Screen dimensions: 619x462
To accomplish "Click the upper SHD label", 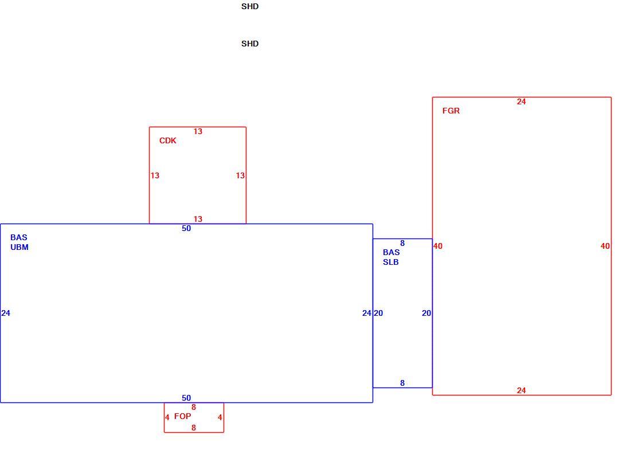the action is [250, 6].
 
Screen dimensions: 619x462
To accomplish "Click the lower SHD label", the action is [250, 44].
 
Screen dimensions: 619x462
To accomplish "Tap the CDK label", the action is [168, 140].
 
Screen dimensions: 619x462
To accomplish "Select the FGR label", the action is [451, 111].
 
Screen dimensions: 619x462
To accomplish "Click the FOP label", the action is [182, 416].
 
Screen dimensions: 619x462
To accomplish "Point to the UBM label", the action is [19, 247].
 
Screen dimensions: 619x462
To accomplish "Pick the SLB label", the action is [391, 262].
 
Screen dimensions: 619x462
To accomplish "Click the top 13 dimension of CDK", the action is [198, 131].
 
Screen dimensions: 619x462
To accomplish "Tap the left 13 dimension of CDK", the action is [155, 175].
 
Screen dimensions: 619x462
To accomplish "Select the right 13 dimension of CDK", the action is [240, 175].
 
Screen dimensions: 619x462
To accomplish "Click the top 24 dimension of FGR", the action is [521, 101].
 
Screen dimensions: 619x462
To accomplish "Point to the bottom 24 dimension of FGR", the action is [521, 390].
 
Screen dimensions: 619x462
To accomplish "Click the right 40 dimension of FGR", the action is [605, 246].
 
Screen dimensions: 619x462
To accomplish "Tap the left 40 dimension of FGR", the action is [438, 246].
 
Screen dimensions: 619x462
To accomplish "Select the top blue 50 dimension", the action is [186, 228].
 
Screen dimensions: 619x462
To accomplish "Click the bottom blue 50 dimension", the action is [186, 398].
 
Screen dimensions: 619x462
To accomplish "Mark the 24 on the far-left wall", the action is [6, 313].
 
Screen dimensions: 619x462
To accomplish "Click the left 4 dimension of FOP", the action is [167, 417].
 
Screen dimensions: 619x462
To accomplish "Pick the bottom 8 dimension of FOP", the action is [194, 428].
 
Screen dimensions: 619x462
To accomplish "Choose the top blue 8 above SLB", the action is [402, 243].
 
